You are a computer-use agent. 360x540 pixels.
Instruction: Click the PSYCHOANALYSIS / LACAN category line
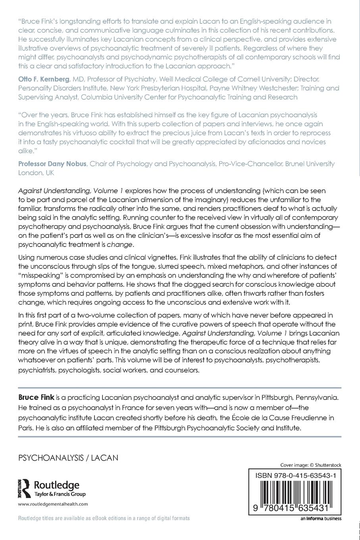[x=68, y=458]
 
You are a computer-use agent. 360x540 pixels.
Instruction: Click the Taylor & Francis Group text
[x=60, y=494]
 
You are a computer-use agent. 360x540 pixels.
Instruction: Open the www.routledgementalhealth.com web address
[x=53, y=504]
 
